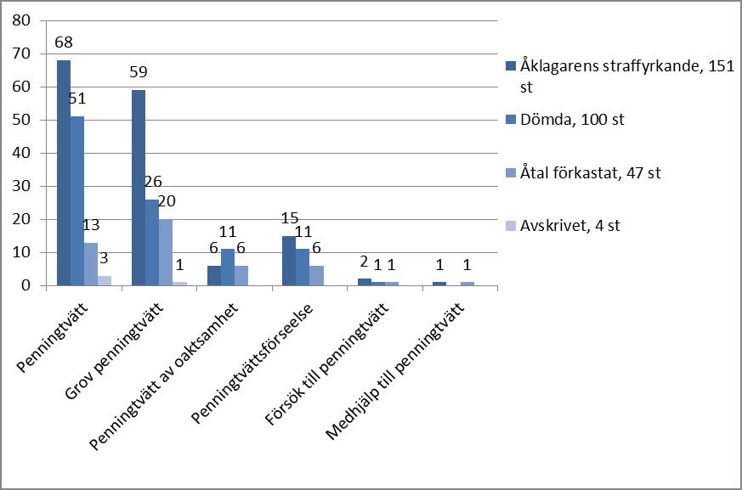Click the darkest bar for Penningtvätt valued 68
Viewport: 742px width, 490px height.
(64, 173)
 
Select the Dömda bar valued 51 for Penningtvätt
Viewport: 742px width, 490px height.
(77, 201)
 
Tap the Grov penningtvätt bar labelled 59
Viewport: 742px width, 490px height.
(139, 188)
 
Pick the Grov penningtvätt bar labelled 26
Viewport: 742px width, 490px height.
(152, 243)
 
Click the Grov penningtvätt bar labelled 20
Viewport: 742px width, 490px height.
(166, 252)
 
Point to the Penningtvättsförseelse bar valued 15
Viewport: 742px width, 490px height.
(289, 261)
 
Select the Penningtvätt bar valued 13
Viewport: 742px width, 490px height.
(91, 264)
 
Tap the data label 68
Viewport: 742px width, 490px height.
(64, 42)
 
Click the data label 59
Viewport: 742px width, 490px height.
(139, 71)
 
